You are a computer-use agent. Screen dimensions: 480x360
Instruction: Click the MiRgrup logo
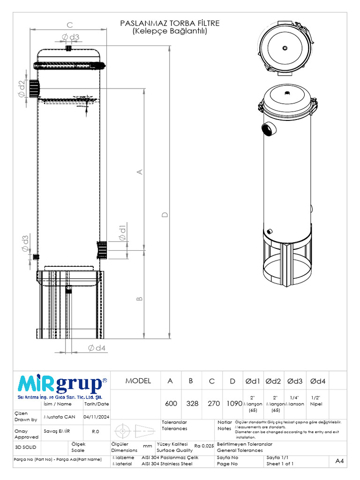point(62,384)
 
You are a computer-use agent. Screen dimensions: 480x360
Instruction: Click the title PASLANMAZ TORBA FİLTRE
point(170,23)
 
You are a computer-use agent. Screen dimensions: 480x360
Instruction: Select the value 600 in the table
point(171,403)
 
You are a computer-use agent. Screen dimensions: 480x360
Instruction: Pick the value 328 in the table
point(191,403)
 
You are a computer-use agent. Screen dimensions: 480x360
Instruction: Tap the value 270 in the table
point(214,403)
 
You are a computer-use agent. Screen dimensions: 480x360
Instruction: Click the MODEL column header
point(138,381)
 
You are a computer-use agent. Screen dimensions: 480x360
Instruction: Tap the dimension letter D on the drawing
point(164,215)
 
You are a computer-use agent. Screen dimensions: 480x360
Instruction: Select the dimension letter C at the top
point(69,25)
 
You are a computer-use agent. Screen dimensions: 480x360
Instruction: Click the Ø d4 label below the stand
point(97,348)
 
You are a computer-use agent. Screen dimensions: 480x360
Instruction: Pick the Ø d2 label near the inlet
point(22,89)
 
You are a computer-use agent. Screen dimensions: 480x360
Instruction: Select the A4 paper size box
point(339,461)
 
